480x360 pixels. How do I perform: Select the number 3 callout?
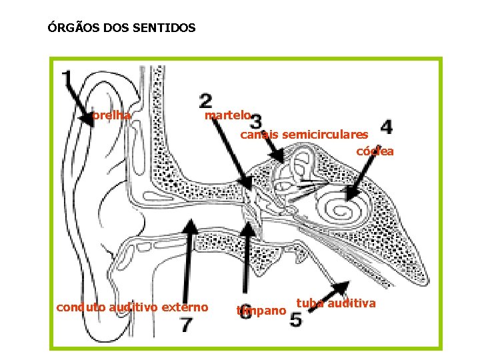254,121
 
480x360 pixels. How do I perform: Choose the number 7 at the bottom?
187,325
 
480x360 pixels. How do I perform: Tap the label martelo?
227,115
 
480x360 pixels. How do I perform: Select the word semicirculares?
325,135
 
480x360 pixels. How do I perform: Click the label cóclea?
375,151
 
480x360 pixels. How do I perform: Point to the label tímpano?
261,310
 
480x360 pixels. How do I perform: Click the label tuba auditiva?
337,303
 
